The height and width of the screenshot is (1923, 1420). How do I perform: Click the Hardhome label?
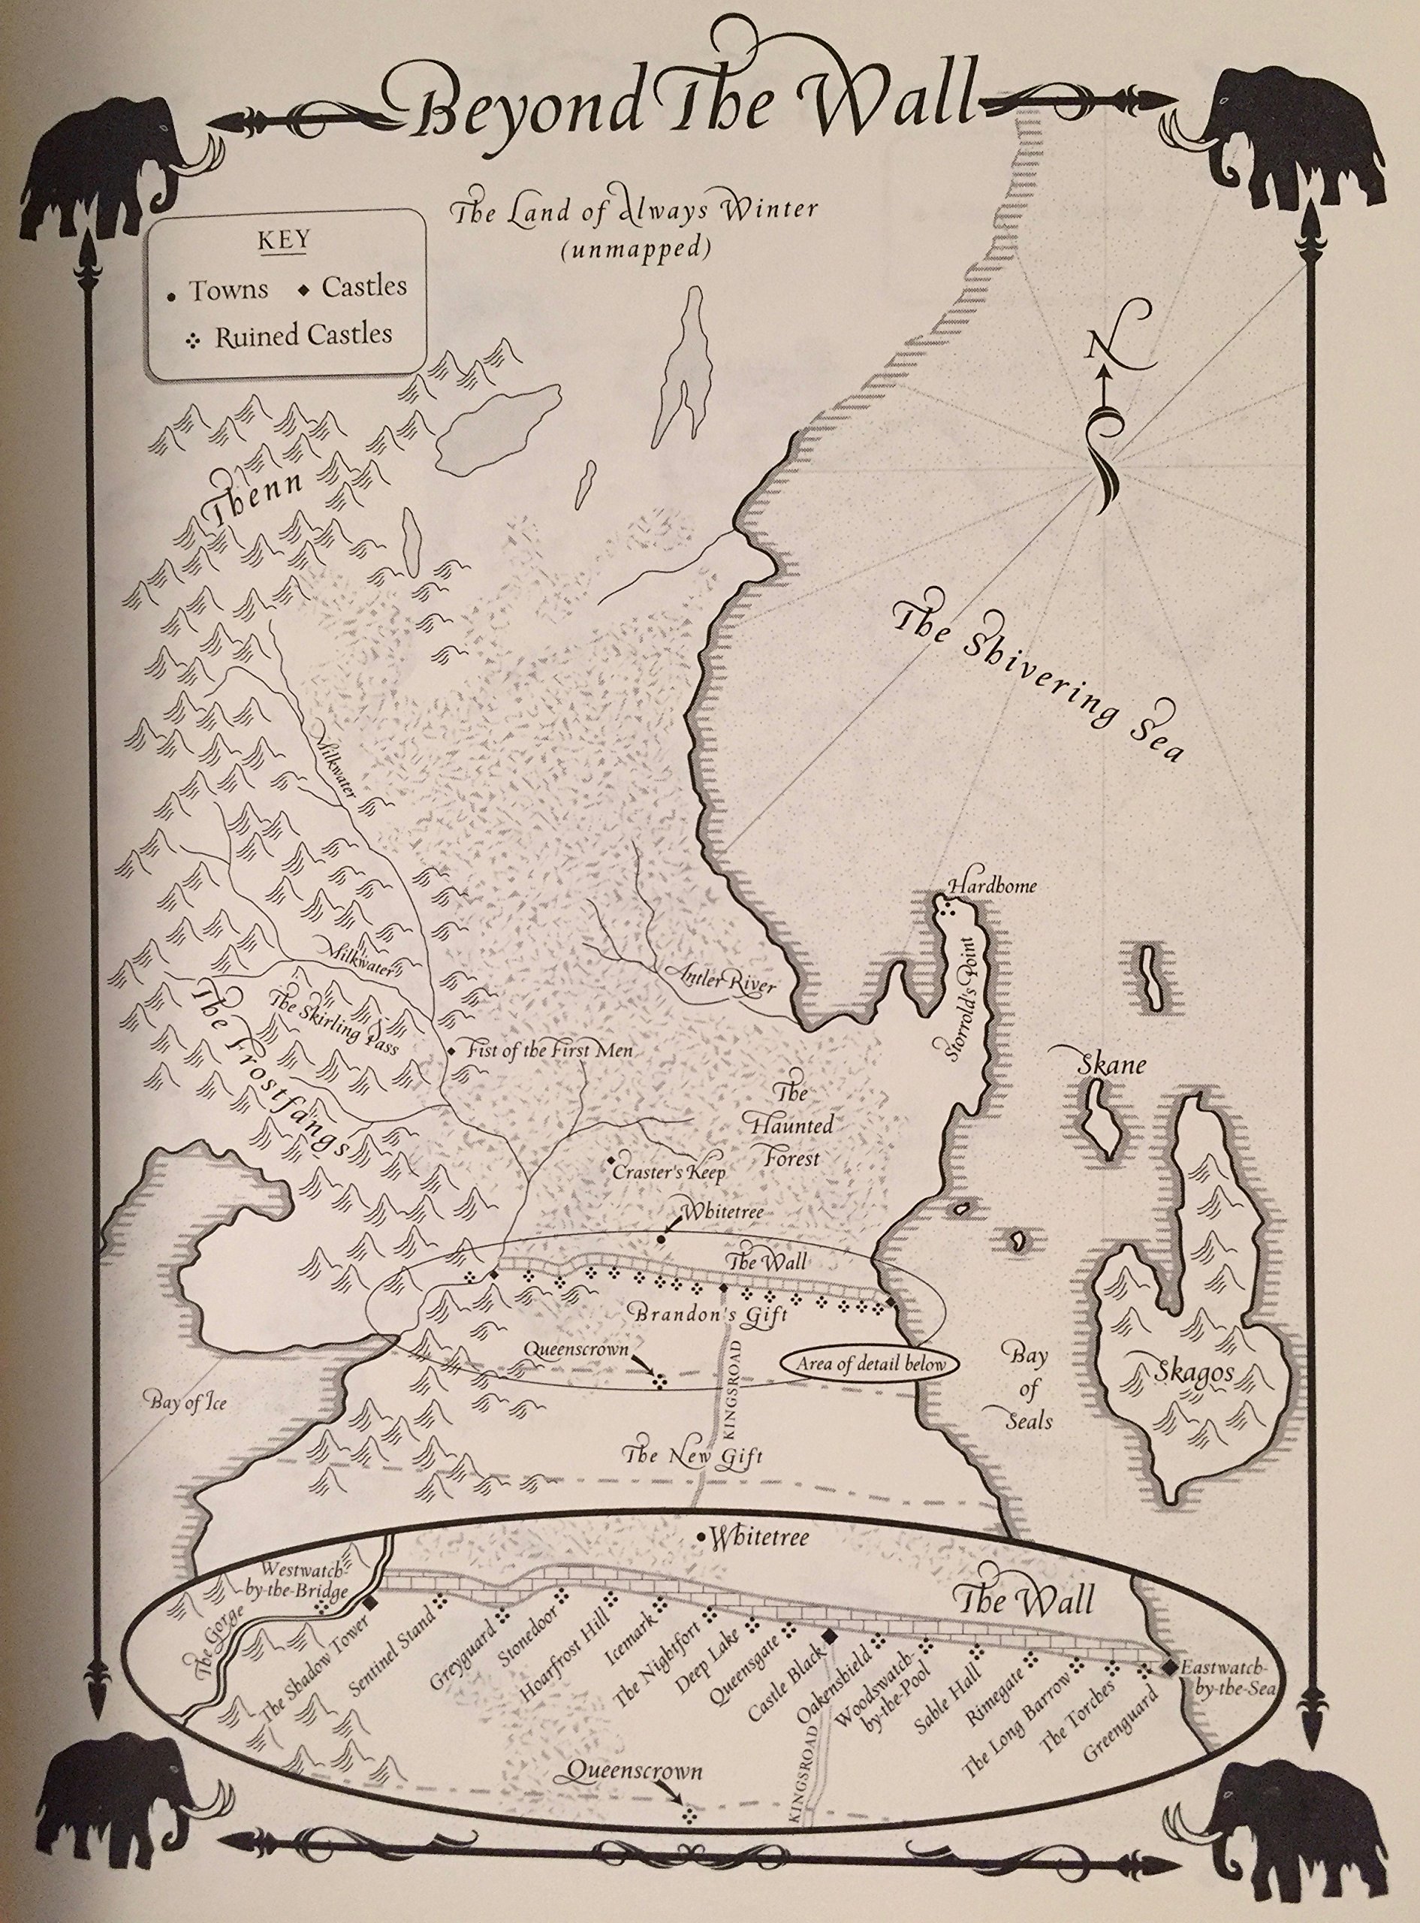992,886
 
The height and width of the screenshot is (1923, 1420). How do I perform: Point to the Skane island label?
1112,1064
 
